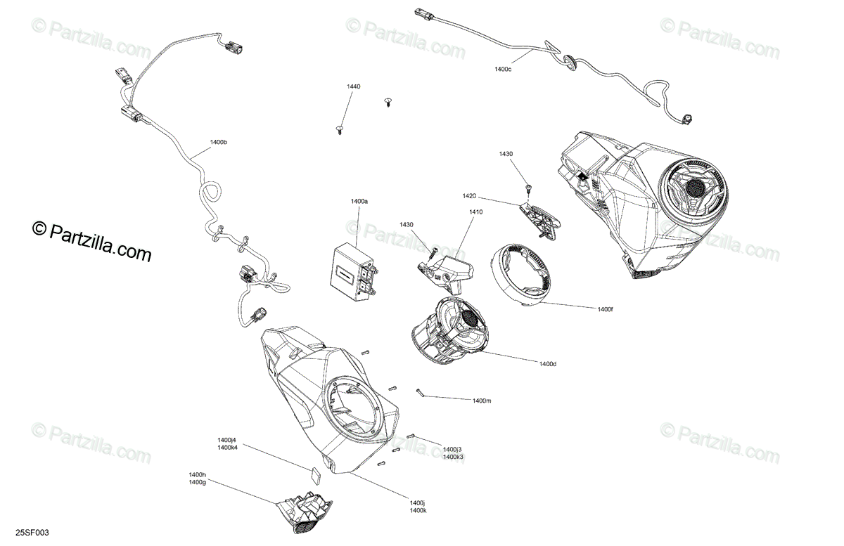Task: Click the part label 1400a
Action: [x=359, y=202]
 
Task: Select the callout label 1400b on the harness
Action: [x=219, y=143]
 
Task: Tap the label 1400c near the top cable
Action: [x=503, y=69]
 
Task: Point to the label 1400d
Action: [x=548, y=363]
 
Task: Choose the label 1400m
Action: [x=482, y=401]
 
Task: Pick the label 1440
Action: [x=353, y=86]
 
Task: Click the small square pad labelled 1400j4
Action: [x=316, y=473]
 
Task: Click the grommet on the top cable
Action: [x=572, y=61]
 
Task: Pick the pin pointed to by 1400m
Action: [x=420, y=394]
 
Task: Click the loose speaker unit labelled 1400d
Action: [x=444, y=331]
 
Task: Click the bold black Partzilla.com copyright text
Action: [x=92, y=240]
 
